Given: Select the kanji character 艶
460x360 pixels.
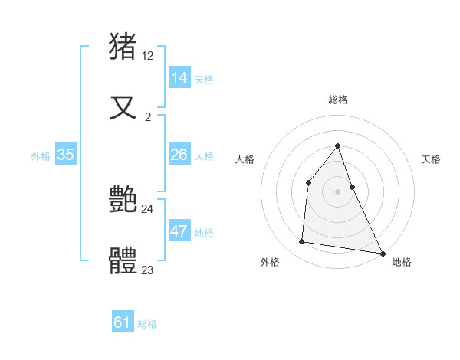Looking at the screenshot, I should click(x=124, y=201).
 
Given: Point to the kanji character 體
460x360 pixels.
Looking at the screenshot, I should click(x=124, y=261).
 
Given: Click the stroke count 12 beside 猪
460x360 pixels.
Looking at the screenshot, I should click(x=148, y=56).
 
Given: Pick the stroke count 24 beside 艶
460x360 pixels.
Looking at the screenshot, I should click(x=148, y=208).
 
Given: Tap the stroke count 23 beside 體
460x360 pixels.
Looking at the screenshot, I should click(x=148, y=270).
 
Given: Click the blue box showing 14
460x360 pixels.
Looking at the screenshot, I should click(x=179, y=78).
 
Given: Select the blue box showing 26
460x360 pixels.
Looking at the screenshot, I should click(x=179, y=155).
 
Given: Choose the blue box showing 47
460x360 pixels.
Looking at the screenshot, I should click(x=179, y=231).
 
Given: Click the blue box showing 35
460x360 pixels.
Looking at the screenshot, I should click(x=66, y=155).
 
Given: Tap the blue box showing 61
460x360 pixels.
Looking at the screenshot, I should click(x=123, y=322).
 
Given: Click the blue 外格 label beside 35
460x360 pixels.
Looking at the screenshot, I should click(x=41, y=156).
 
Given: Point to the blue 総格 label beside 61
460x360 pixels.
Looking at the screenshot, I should click(x=147, y=324).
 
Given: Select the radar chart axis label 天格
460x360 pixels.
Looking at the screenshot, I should click(x=432, y=159).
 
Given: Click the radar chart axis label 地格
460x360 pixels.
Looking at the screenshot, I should click(x=402, y=262).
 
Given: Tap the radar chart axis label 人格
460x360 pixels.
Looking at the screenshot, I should click(x=245, y=159).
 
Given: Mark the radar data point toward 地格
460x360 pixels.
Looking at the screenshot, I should click(x=382, y=253).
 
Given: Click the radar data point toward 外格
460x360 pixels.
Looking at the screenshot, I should click(x=302, y=242).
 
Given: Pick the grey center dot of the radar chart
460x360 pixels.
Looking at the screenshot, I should click(x=338, y=191).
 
